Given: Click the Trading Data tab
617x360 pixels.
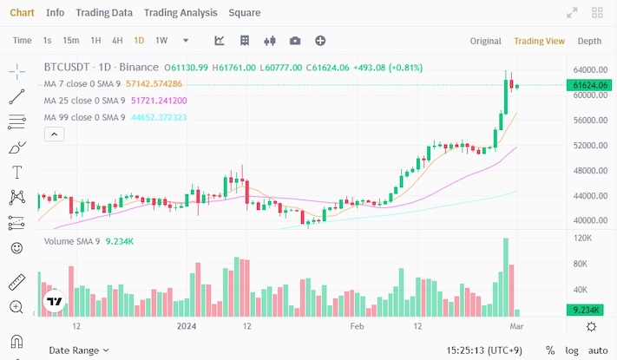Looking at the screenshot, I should pyautogui.click(x=104, y=13).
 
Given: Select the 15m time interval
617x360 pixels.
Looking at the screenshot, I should pyautogui.click(x=71, y=41).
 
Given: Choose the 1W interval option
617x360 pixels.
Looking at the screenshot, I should pyautogui.click(x=161, y=41).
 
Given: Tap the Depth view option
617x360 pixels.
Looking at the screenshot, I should pyautogui.click(x=589, y=41).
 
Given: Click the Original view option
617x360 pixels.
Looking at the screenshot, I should pyautogui.click(x=486, y=41).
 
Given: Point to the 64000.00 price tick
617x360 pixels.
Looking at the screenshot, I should pyautogui.click(x=590, y=70).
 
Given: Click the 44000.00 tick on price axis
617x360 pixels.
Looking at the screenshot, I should pyautogui.click(x=590, y=195).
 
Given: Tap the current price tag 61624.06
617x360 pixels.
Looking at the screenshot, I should pyautogui.click(x=590, y=85).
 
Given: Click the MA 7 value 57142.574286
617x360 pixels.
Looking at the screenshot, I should pyautogui.click(x=154, y=84).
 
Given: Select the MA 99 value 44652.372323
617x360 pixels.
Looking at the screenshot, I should pyautogui.click(x=159, y=117).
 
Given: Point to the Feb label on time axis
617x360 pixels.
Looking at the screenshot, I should pyautogui.click(x=356, y=326).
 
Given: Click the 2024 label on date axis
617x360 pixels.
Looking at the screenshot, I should pyautogui.click(x=187, y=326).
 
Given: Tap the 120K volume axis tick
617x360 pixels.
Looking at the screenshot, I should pyautogui.click(x=583, y=238).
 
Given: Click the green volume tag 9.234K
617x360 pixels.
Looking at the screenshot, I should pyautogui.click(x=589, y=310).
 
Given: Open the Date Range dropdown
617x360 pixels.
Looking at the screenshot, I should pyautogui.click(x=78, y=350).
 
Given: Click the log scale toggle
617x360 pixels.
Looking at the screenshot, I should pyautogui.click(x=573, y=350).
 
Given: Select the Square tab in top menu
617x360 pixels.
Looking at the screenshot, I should pyautogui.click(x=244, y=13).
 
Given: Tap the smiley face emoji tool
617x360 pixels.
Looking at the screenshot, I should pyautogui.click(x=16, y=248).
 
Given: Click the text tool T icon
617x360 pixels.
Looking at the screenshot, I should pyautogui.click(x=16, y=172).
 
